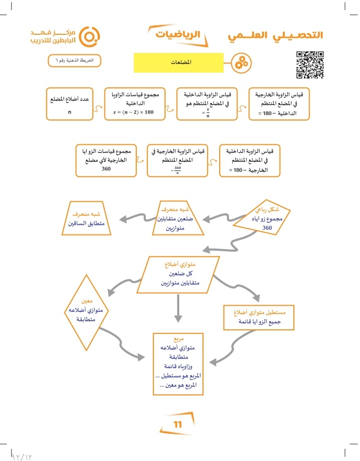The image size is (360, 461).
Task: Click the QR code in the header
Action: (x=310, y=65)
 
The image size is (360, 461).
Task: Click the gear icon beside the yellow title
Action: (x=240, y=64)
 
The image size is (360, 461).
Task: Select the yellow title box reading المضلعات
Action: (x=177, y=63)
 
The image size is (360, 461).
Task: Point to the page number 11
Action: (x=177, y=424)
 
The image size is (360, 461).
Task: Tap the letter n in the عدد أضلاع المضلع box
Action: (x=69, y=111)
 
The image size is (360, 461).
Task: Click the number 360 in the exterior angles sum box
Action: (x=106, y=169)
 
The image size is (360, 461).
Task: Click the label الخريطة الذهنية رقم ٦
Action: (x=74, y=61)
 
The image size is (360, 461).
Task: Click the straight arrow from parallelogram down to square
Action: (x=178, y=308)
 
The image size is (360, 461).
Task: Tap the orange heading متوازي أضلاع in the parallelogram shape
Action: (x=183, y=263)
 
